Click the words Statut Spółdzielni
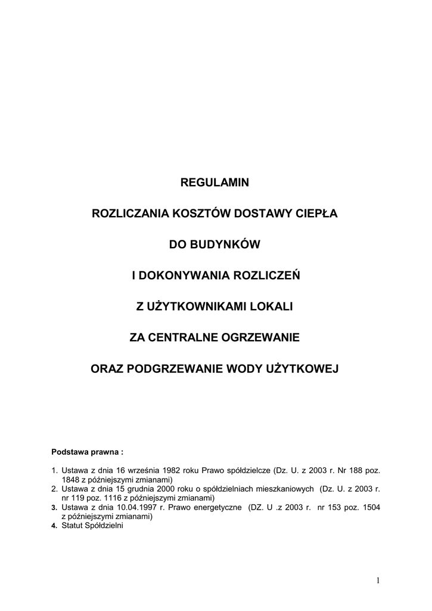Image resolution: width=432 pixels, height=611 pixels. coord(92,526)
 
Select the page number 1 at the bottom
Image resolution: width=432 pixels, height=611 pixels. coord(378,580)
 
